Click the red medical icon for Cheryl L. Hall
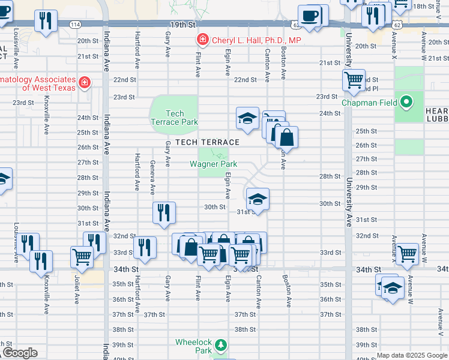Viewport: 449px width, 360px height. click(202, 40)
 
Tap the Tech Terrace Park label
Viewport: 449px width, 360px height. click(174, 118)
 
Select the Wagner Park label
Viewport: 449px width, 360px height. click(213, 164)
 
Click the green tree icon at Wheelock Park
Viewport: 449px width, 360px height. click(221, 344)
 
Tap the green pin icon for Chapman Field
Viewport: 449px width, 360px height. click(408, 102)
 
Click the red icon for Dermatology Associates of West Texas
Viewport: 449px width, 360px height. click(85, 82)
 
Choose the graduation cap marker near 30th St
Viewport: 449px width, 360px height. click(257, 199)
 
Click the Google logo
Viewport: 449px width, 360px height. click(20, 353)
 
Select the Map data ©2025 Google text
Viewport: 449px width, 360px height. click(411, 355)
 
